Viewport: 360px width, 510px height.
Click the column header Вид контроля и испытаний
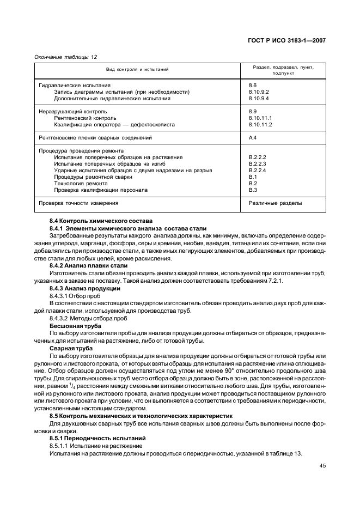click(137, 70)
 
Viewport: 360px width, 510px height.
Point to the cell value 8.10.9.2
click(259, 92)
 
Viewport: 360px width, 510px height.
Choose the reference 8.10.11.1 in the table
click(260, 118)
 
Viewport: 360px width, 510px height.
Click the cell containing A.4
click(253, 138)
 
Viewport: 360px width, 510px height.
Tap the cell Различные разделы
click(276, 203)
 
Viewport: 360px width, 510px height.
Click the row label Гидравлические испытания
click(74, 86)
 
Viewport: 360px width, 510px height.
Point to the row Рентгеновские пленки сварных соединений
click(95, 138)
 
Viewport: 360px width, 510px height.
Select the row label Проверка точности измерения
click(78, 203)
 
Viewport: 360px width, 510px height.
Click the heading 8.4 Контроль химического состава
click(96, 221)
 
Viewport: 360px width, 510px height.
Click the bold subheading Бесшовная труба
click(71, 325)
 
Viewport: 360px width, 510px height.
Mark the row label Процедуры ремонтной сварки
click(93, 177)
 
